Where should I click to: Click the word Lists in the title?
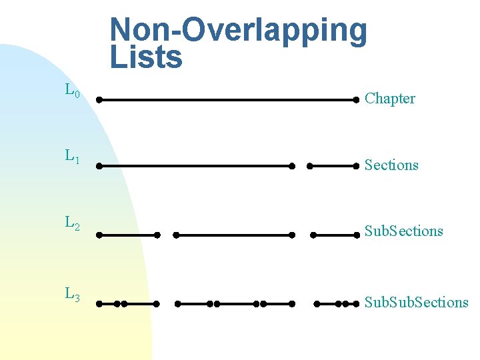tap(145, 57)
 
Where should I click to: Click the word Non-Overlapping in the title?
tap(238, 30)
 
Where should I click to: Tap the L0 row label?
tap(73, 90)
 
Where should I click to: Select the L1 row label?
tap(73, 157)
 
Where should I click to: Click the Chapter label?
tap(390, 99)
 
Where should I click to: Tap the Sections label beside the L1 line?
tap(391, 165)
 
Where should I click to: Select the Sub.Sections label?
tap(403, 231)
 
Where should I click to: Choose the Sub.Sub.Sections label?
tap(416, 302)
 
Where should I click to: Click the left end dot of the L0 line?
tap(99, 100)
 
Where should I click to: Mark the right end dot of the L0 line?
tap(357, 100)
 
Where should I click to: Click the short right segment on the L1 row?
tap(333, 166)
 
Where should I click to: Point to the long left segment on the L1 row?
tap(195, 166)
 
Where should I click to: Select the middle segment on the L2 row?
tap(234, 235)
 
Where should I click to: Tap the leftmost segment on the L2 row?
tap(128, 235)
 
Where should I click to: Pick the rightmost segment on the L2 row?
tap(335, 235)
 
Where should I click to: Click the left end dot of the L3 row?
tap(99, 304)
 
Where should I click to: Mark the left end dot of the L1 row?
tap(99, 166)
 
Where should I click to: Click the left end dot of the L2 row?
tap(99, 235)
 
